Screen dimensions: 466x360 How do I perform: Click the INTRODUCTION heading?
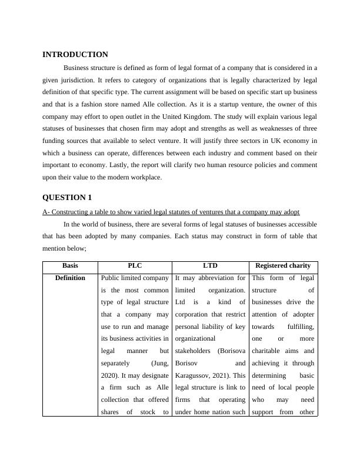click(x=75, y=55)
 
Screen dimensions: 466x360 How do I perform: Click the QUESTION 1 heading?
click(x=67, y=198)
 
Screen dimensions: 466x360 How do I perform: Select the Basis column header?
click(x=70, y=266)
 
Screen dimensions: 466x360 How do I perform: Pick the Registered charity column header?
click(x=282, y=266)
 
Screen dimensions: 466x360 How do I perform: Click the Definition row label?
click(x=70, y=278)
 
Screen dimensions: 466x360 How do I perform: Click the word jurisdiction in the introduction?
click(x=78, y=79)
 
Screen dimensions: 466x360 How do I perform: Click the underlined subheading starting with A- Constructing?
click(x=171, y=212)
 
